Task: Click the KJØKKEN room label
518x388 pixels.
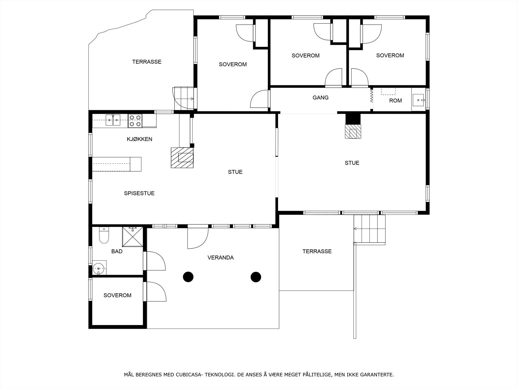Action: tap(140, 139)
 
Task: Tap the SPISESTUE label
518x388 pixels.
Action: tap(139, 193)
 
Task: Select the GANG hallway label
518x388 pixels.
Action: tap(321, 98)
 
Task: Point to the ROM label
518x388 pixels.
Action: tap(396, 101)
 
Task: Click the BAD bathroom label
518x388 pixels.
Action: tap(117, 251)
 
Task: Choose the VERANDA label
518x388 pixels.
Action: tap(221, 257)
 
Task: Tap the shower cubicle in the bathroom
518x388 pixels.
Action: tap(132, 237)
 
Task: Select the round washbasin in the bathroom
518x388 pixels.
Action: tap(99, 268)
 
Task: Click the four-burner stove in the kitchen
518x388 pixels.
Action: tap(135, 121)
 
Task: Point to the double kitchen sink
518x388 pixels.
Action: tap(113, 120)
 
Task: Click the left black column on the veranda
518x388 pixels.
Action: tap(188, 277)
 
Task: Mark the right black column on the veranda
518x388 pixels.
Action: tap(256, 277)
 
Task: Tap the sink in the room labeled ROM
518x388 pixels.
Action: tap(418, 100)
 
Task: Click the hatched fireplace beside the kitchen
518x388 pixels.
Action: tap(182, 157)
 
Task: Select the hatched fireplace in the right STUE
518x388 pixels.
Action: tap(353, 131)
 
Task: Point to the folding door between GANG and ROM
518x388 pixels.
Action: tap(371, 95)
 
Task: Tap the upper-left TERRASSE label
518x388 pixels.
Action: tap(147, 62)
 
